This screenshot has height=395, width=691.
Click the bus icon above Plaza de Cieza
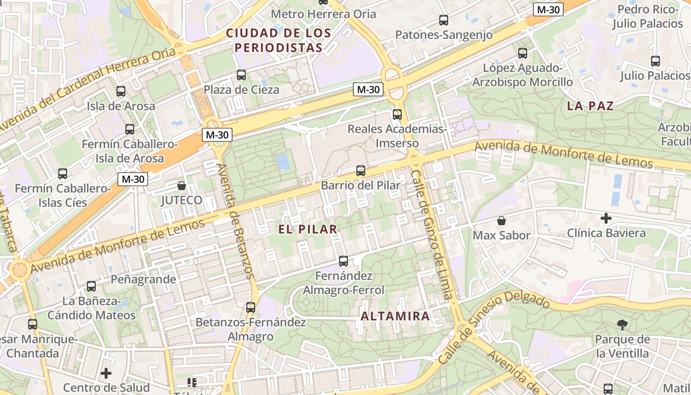(241, 75)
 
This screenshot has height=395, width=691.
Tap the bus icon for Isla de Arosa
(121, 91)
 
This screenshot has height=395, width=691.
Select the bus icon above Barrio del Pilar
(361, 171)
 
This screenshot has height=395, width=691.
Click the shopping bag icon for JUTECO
(182, 186)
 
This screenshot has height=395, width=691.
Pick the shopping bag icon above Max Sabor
(501, 221)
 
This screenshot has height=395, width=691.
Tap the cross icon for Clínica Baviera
(606, 218)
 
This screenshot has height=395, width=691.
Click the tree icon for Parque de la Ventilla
(622, 324)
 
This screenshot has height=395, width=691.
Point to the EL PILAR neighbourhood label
(307, 229)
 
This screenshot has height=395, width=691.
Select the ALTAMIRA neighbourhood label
(395, 316)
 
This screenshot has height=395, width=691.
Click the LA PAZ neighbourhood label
(590, 106)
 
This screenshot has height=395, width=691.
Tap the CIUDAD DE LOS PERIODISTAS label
(278, 40)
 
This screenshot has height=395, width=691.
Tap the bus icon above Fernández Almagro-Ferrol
(344, 261)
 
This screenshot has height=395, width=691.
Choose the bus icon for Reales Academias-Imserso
(397, 115)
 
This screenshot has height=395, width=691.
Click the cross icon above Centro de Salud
(106, 373)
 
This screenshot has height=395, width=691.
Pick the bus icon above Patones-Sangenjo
(444, 20)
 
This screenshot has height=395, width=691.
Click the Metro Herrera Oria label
(324, 14)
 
